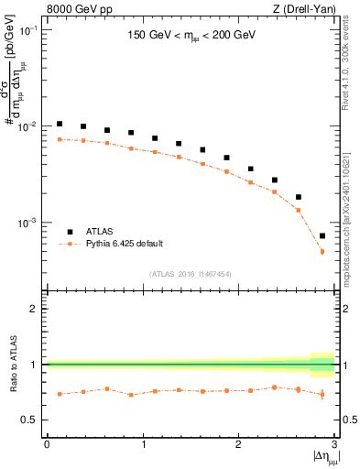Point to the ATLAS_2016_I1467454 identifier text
click(191, 274)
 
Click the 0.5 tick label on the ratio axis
click(32, 420)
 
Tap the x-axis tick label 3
click(334, 444)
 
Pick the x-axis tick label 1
click(143, 444)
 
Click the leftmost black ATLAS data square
click(60, 124)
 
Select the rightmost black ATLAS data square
click(322, 235)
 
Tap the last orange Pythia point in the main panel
click(322, 251)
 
